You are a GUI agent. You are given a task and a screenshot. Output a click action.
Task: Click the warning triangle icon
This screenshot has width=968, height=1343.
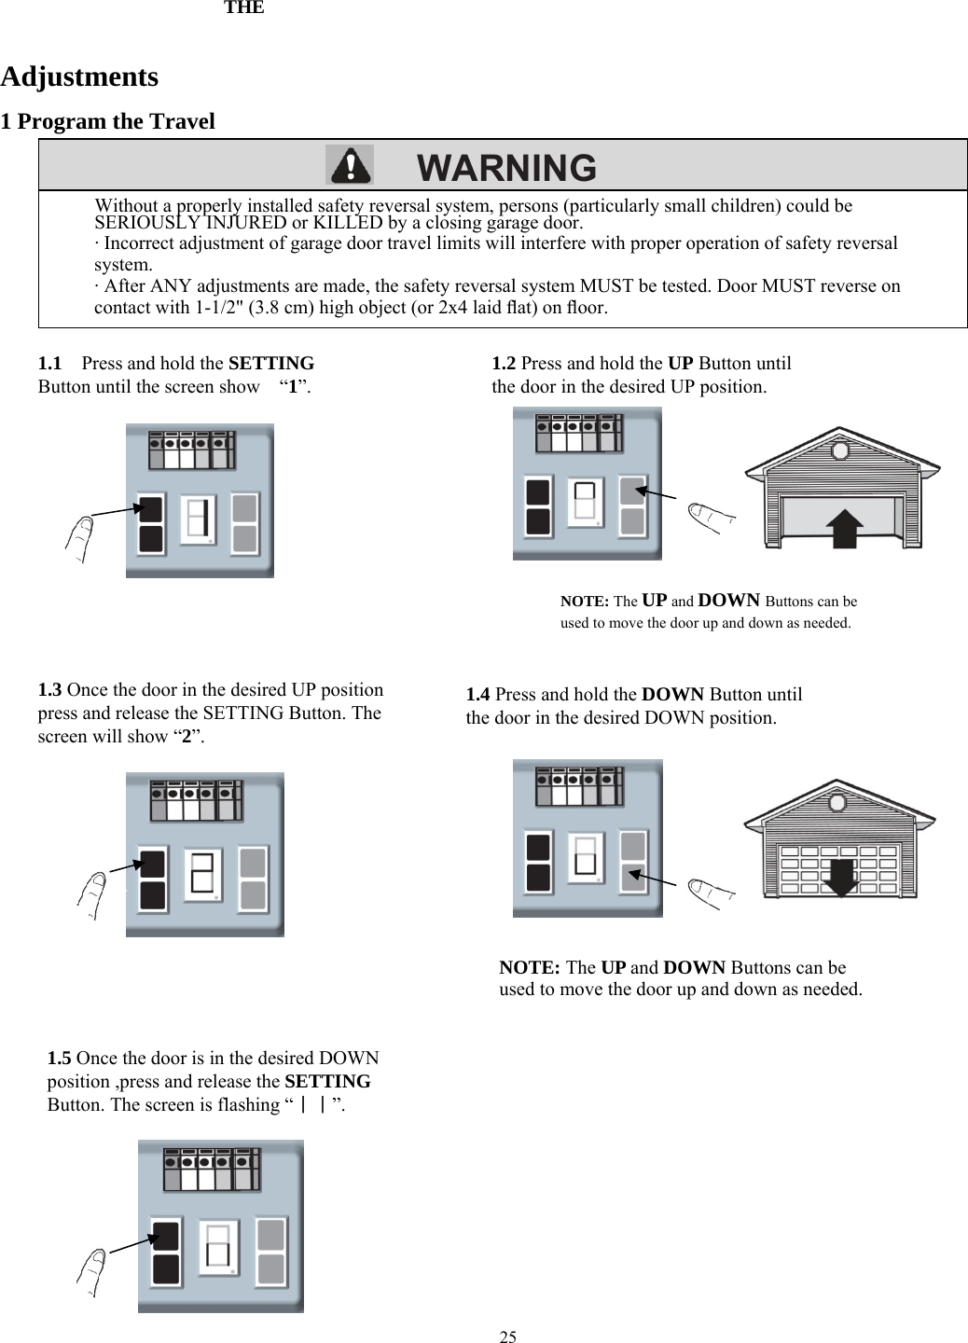349,165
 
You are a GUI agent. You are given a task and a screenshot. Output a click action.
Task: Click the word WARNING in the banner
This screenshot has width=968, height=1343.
506,168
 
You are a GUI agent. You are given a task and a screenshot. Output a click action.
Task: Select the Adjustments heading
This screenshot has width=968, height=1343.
79,76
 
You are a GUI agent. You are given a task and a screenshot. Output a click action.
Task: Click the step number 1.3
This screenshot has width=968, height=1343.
50,690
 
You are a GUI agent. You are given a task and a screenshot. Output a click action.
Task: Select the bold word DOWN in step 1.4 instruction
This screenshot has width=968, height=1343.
673,695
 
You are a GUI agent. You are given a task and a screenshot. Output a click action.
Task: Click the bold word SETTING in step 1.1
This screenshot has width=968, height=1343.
270,363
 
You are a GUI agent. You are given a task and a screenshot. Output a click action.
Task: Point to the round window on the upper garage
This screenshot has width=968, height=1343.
840,451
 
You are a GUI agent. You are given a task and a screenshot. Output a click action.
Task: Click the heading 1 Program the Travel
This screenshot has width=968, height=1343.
107,121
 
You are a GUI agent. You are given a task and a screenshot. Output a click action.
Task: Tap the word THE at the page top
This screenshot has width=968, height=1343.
243,8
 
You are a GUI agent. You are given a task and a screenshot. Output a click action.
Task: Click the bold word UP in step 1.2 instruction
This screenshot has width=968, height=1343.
681,363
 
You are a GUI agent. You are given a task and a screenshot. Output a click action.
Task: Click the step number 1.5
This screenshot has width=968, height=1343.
60,1059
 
